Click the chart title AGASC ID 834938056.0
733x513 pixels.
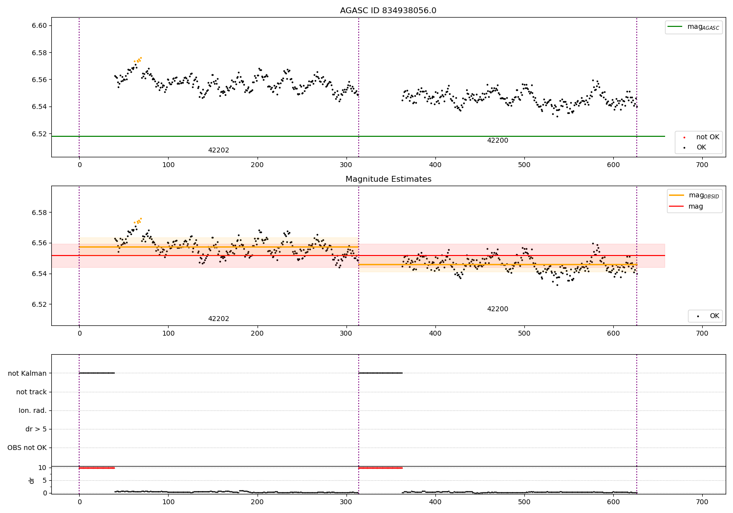pos(388,11)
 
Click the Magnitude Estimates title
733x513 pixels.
pos(388,179)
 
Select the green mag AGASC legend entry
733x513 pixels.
pos(694,27)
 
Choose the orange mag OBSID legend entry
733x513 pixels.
pos(694,195)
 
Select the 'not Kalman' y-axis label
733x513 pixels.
pos(27,374)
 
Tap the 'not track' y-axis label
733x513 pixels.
pos(31,392)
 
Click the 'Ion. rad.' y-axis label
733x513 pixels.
pos(33,411)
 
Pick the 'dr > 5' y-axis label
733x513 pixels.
pos(36,429)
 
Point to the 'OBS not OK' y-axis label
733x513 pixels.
pos(27,448)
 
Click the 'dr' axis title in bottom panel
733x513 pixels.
pos(32,480)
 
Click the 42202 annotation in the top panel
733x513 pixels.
pos(218,150)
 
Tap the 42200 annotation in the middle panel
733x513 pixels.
pos(497,309)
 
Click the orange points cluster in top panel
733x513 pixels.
pos(138,60)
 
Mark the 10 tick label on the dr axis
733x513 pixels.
pos(43,468)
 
